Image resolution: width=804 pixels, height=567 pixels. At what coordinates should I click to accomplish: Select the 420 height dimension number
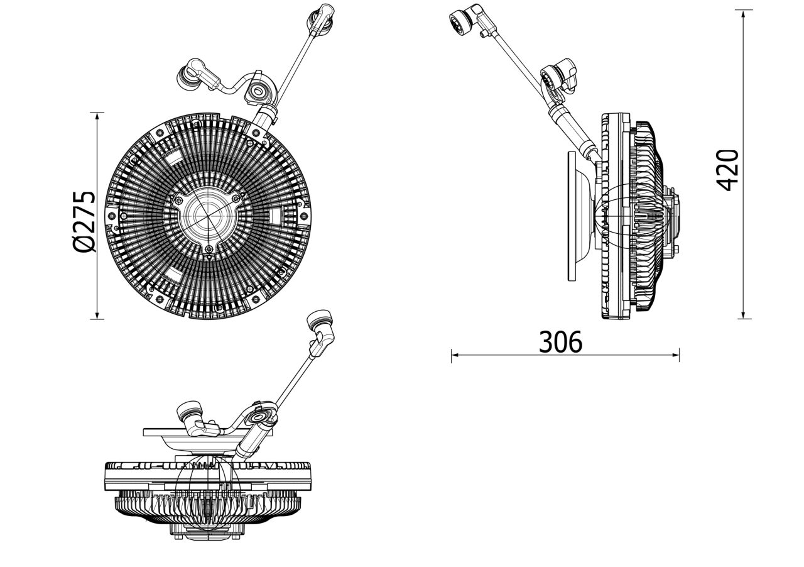tap(728, 170)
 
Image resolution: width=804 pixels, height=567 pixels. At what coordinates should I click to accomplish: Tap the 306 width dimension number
tap(561, 342)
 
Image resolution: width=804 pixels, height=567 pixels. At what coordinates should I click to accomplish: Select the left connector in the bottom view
tap(190, 416)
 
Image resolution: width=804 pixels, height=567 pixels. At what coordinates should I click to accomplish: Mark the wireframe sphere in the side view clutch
tap(628, 216)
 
